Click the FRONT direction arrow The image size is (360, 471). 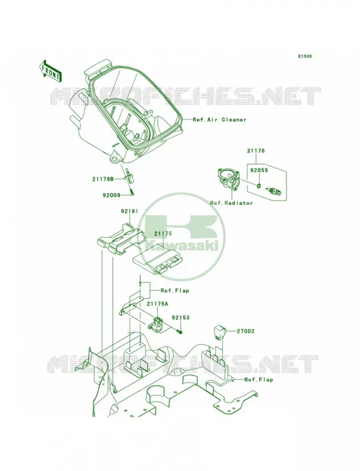(x=50, y=71)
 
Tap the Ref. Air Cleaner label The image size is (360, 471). (x=219, y=120)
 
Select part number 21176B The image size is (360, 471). (x=103, y=180)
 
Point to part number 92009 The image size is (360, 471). (x=111, y=195)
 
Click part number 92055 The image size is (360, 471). (x=259, y=170)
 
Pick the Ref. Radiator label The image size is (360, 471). (x=232, y=203)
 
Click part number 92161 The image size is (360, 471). (x=130, y=211)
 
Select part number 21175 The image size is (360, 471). (x=163, y=233)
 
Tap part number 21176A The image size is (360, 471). (x=157, y=304)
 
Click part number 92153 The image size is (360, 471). (x=181, y=317)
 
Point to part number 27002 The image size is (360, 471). (x=246, y=331)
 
